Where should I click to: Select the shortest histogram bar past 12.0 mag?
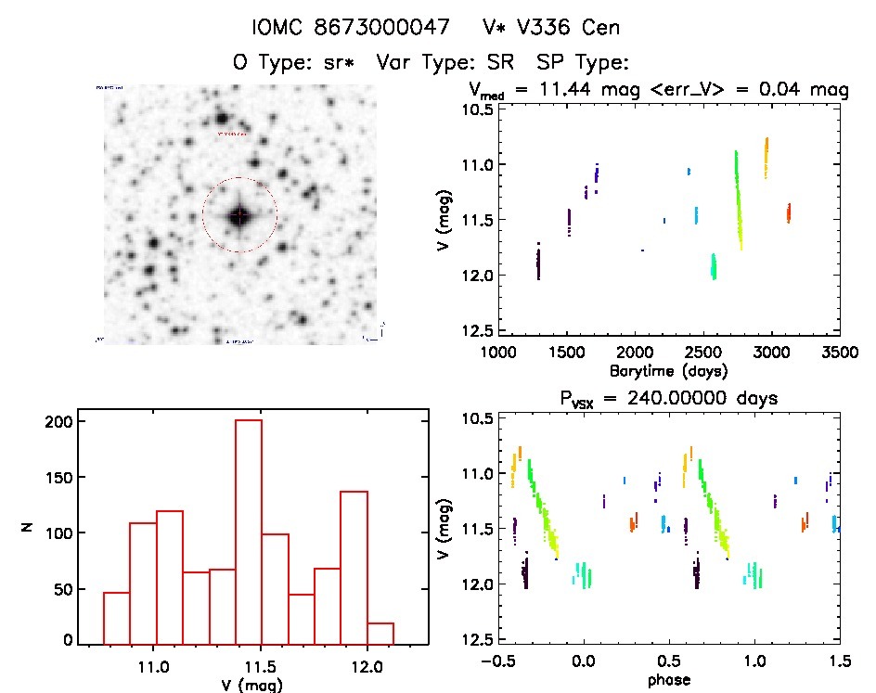click(380, 632)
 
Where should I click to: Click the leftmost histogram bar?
click(116, 617)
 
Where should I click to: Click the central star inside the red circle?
click(239, 215)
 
